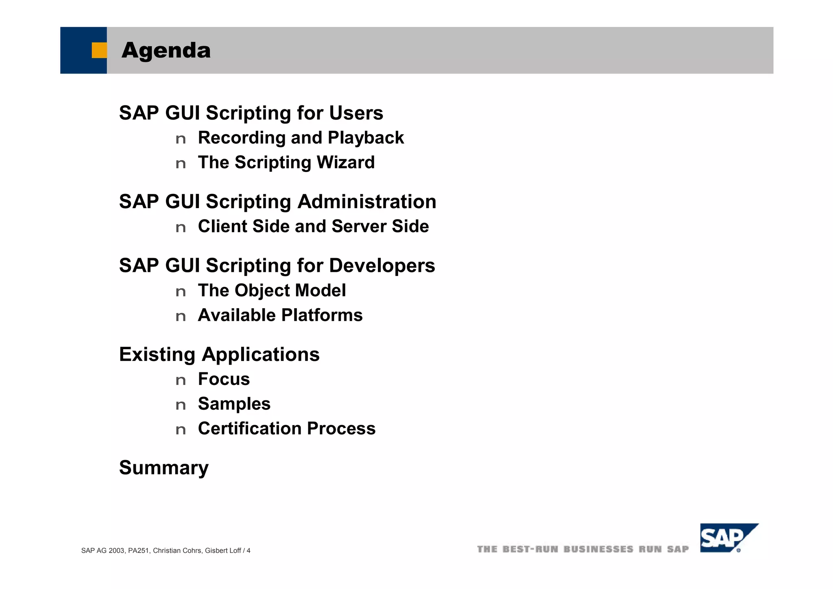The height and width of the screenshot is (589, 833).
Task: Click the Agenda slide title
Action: (x=166, y=50)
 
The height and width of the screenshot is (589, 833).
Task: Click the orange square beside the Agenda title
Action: (x=99, y=50)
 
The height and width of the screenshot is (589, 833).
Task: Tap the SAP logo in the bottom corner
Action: (x=728, y=538)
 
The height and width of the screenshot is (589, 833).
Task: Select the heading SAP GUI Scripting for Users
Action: (x=251, y=113)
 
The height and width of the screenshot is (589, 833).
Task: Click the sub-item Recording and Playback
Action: (x=301, y=138)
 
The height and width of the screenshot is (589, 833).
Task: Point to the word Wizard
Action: (x=345, y=163)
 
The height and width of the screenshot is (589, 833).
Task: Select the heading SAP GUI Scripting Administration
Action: (x=277, y=202)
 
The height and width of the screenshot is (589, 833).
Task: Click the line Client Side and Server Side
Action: (x=313, y=226)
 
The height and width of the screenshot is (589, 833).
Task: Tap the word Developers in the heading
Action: (x=382, y=265)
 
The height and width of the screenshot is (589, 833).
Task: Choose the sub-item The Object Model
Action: (x=272, y=291)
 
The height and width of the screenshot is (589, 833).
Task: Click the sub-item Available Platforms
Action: (x=280, y=315)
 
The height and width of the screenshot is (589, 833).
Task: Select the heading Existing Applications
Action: (x=219, y=354)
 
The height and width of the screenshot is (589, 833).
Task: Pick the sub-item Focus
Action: (x=224, y=379)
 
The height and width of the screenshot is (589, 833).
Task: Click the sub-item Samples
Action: (x=234, y=404)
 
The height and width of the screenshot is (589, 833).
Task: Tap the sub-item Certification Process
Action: (x=286, y=429)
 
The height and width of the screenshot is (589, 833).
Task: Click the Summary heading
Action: (x=164, y=468)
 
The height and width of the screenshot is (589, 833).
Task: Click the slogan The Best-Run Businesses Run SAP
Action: (x=582, y=550)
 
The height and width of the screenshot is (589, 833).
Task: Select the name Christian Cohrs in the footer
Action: (x=177, y=551)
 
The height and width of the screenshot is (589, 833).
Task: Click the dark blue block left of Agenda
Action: (x=77, y=50)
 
